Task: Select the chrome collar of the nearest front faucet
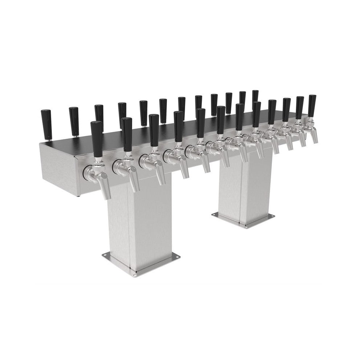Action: [x=88, y=172]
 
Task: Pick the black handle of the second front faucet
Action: [x=127, y=134]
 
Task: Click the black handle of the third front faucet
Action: [x=154, y=130]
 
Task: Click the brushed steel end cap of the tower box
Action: [x=57, y=167]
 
